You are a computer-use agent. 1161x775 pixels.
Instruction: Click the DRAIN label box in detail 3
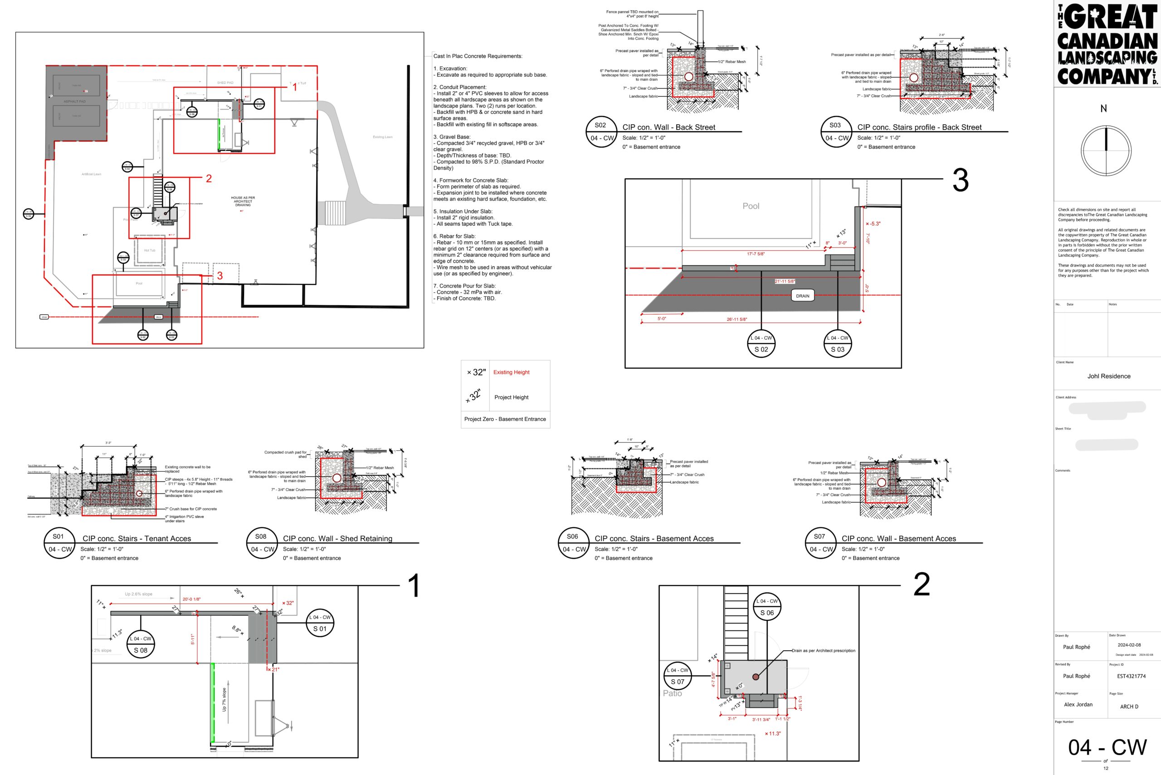[x=802, y=296]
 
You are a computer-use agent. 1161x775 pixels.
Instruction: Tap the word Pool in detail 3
[x=751, y=206]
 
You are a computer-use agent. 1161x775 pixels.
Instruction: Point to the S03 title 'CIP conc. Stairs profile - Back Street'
[x=919, y=127]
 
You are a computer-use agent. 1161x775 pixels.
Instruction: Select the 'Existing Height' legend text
[x=511, y=372]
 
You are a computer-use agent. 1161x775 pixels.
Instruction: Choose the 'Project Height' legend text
[x=511, y=397]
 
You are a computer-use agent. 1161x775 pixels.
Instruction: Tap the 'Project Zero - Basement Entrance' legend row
[x=505, y=419]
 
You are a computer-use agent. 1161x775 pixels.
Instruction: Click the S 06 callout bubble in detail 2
[x=766, y=607]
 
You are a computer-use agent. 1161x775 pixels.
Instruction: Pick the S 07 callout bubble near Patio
[x=677, y=676]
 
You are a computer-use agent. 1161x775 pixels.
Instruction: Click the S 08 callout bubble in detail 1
[x=141, y=644]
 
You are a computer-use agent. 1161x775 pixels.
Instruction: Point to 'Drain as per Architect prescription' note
[x=823, y=650]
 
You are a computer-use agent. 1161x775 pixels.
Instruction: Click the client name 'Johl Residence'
[x=1108, y=376]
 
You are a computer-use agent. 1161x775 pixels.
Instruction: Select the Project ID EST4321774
[x=1131, y=676]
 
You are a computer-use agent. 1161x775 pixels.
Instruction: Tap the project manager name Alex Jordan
[x=1078, y=704]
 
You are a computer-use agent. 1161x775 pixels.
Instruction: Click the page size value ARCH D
[x=1129, y=707]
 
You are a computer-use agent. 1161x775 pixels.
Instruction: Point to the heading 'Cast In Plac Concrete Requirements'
[x=478, y=56]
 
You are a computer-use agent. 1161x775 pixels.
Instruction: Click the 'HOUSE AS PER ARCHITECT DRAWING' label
[x=243, y=201]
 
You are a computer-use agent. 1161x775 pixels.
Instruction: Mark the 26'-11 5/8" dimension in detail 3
[x=737, y=319]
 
